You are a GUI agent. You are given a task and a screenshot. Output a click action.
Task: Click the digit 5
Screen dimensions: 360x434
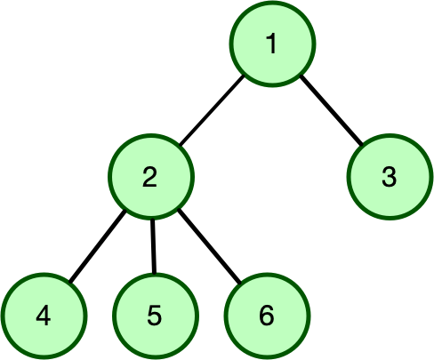click(x=155, y=315)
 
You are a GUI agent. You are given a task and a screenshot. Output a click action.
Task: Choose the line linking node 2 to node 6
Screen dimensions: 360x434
click(x=209, y=245)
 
